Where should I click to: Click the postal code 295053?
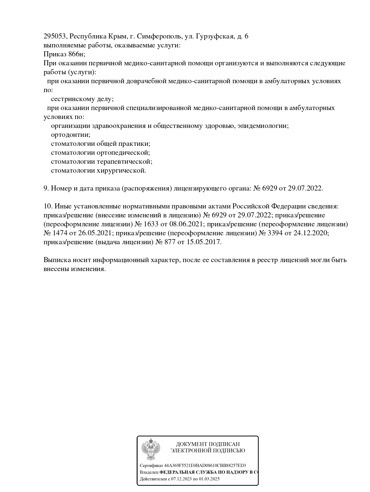pyautogui.click(x=55, y=36)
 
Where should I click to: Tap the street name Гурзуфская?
pyautogui.click(x=214, y=36)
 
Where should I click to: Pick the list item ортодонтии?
pyautogui.click(x=70, y=135)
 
